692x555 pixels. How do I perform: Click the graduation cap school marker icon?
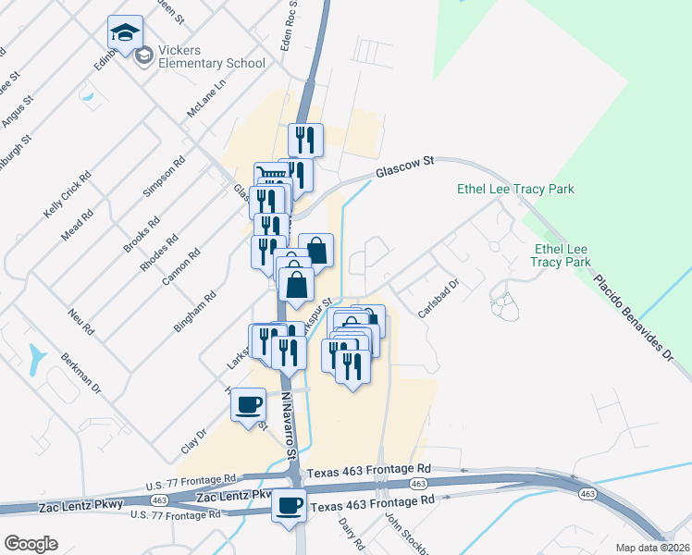tap(123, 33)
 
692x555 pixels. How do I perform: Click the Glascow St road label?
tap(404, 167)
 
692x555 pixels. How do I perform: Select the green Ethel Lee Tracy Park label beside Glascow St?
tap(515, 190)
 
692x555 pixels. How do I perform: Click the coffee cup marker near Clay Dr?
tap(248, 404)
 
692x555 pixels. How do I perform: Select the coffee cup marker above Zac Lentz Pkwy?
tap(290, 505)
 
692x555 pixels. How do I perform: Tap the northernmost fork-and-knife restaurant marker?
tap(305, 141)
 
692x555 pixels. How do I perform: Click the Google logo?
tap(31, 544)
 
